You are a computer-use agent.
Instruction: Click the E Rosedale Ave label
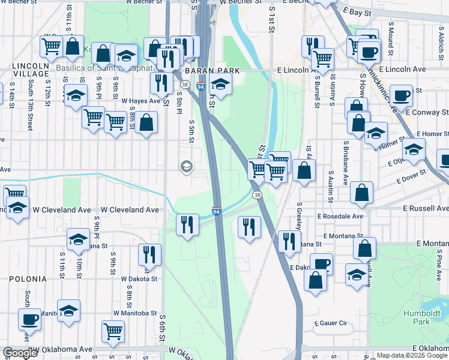[x=340, y=216]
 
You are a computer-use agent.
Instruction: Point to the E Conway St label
[x=427, y=112]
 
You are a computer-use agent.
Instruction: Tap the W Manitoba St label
[x=138, y=314]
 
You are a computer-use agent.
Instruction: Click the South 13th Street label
[x=29, y=107]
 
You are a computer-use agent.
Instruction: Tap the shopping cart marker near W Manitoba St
[x=113, y=331]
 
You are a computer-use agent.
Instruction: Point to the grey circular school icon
[x=187, y=166]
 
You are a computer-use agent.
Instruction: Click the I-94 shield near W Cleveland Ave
[x=217, y=211]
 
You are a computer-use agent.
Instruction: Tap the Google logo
[x=20, y=353]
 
